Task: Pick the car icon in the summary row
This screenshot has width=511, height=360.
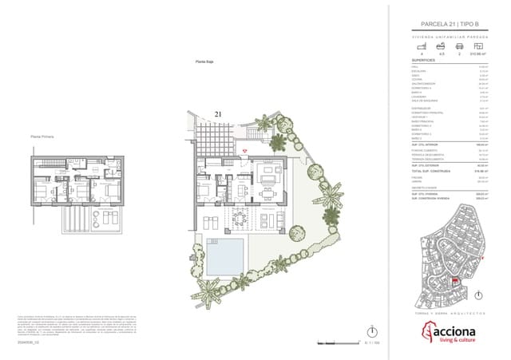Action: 459,46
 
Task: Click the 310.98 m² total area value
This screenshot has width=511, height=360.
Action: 479,53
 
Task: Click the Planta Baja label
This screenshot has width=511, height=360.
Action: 208,61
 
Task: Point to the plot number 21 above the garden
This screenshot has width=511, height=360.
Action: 217,115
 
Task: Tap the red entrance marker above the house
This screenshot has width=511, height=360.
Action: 245,150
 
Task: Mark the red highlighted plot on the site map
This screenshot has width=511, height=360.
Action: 455,281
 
